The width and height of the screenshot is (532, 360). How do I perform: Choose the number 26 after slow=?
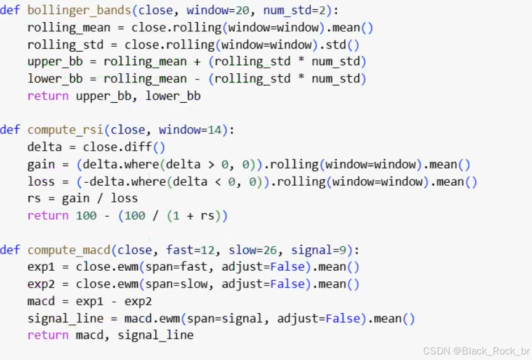pyautogui.click(x=270, y=250)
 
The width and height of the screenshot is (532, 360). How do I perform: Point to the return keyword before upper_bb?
pyautogui.click(x=48, y=97)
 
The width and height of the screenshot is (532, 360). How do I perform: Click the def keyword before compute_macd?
pyautogui.click(x=10, y=250)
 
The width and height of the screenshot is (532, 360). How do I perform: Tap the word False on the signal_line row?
pyautogui.click(x=342, y=319)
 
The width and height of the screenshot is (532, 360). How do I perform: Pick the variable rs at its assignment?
pyautogui.click(x=34, y=199)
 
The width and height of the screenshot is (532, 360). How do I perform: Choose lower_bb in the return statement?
pyautogui.click(x=173, y=97)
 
